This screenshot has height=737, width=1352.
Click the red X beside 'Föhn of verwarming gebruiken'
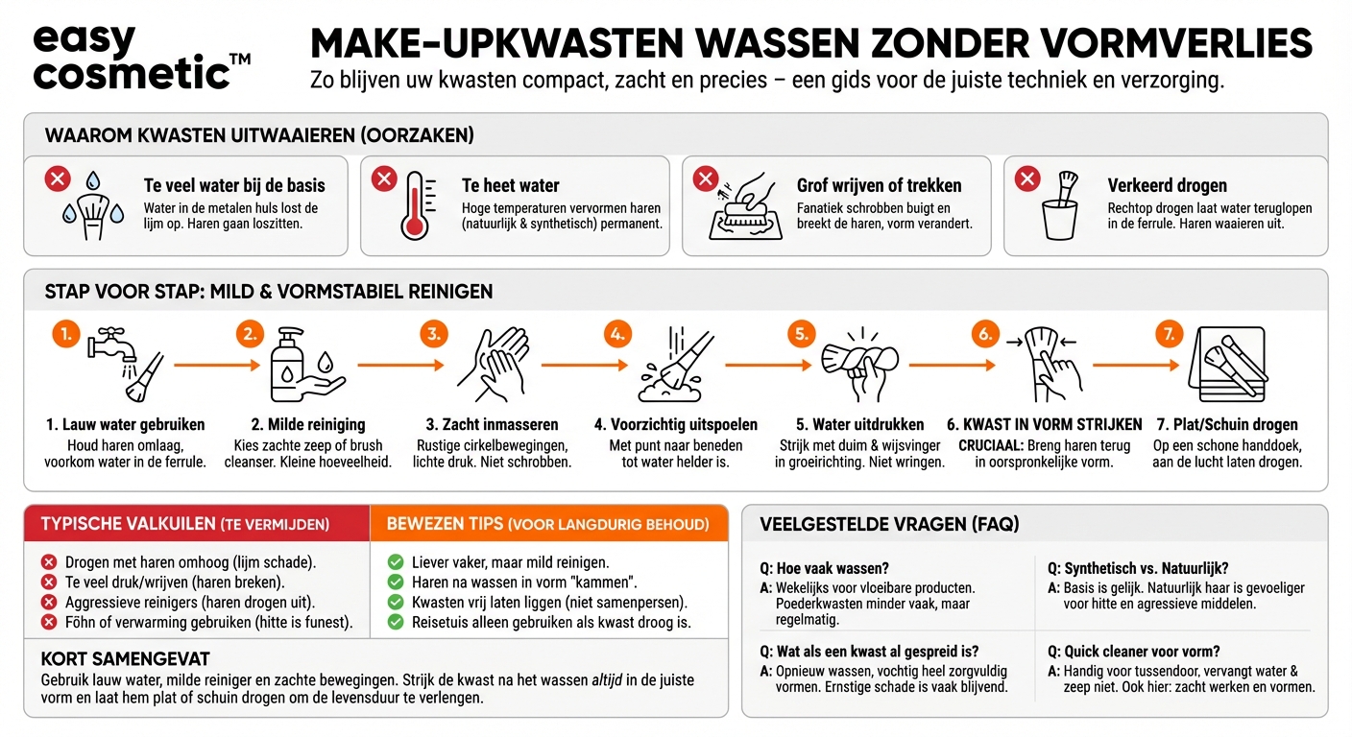pyautogui.click(x=49, y=622)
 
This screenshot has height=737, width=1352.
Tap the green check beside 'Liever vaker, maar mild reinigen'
pyautogui.click(x=395, y=562)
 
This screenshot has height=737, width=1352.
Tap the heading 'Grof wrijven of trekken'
pyautogui.click(x=879, y=185)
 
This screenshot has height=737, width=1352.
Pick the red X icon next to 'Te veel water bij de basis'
pyautogui.click(x=59, y=178)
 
